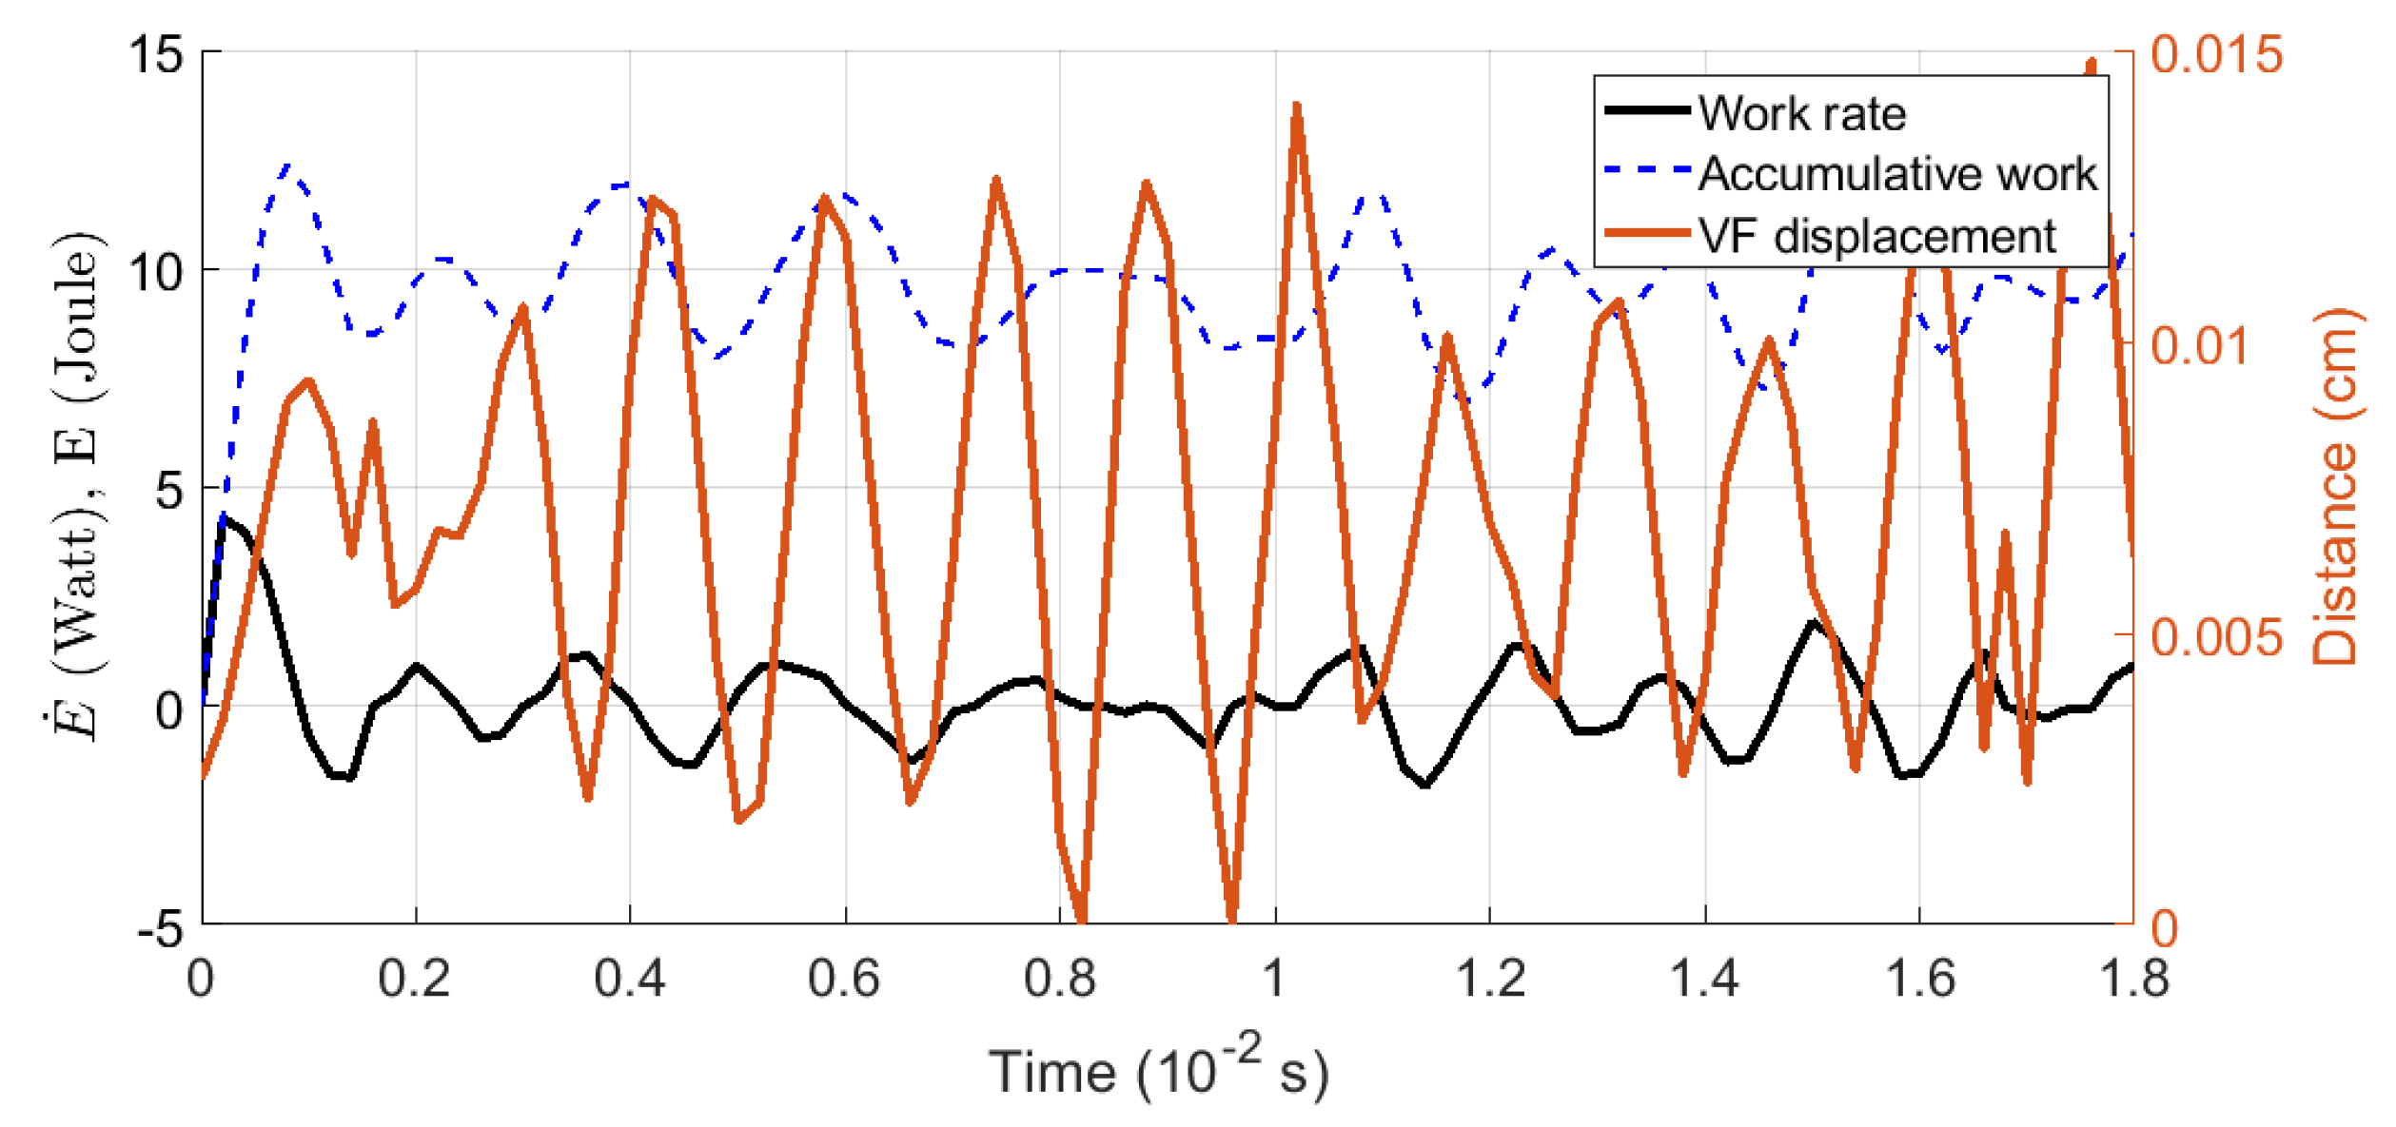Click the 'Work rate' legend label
coord(1801,113)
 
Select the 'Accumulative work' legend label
coord(1896,174)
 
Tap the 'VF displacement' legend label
coord(1876,236)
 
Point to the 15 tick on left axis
coord(155,53)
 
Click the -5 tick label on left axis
coord(159,927)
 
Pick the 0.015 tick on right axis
coord(2216,53)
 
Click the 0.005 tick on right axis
coord(2216,636)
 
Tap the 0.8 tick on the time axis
coord(1059,979)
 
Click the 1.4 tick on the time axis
coord(1704,979)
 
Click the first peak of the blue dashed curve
coord(288,167)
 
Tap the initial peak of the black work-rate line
coord(224,519)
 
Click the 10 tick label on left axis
coord(155,273)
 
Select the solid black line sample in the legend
coord(1646,111)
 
